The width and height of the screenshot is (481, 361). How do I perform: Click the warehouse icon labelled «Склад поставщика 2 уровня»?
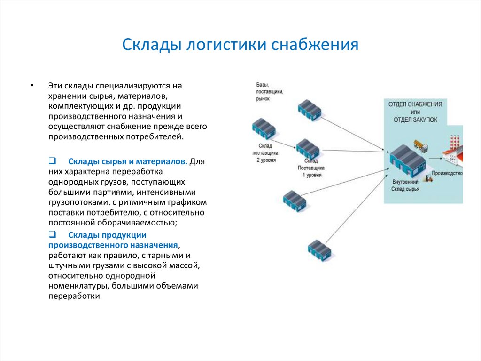pyautogui.click(x=264, y=128)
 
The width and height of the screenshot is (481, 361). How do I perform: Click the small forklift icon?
pyautogui.click(x=428, y=178)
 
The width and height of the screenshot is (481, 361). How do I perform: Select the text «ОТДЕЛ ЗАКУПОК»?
pyautogui.click(x=415, y=120)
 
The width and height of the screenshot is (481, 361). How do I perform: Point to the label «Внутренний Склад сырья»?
pyautogui.click(x=405, y=185)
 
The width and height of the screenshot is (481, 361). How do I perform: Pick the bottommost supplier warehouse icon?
pyautogui.click(x=319, y=250)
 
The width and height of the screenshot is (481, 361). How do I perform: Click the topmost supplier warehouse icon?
pyautogui.click(x=310, y=109)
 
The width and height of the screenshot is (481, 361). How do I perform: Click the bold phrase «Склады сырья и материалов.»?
pyautogui.click(x=128, y=161)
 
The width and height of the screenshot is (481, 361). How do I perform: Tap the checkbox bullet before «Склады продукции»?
pyautogui.click(x=52, y=234)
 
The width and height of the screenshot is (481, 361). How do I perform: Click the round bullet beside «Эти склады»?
pyautogui.click(x=31, y=86)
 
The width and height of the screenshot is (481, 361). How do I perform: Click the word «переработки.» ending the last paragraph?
pyautogui.click(x=75, y=297)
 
